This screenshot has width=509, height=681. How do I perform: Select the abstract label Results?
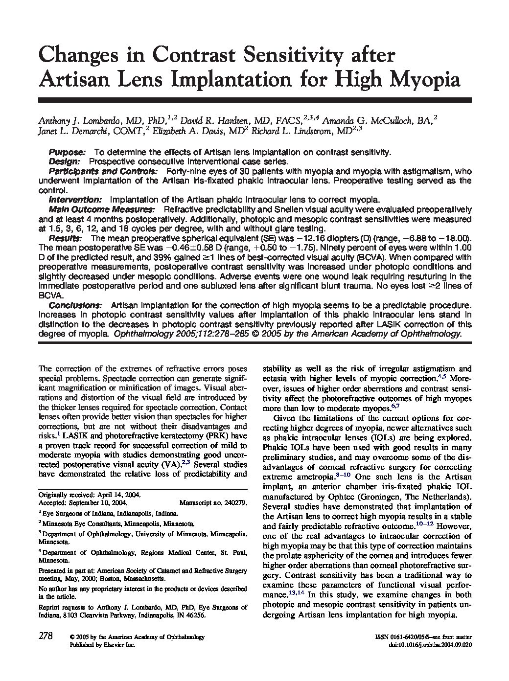click(x=65, y=238)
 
